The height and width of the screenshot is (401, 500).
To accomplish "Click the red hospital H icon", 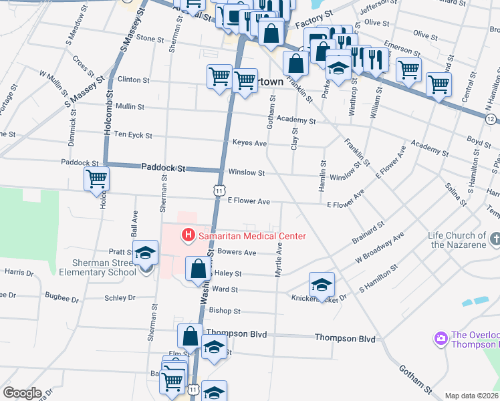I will tap(188, 235).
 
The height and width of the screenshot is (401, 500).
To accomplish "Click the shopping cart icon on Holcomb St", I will tap(96, 179).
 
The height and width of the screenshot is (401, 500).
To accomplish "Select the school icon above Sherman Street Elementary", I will tap(144, 253).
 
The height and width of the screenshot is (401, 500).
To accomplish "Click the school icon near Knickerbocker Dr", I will tap(322, 284).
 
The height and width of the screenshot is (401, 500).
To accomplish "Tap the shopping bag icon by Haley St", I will tap(199, 270).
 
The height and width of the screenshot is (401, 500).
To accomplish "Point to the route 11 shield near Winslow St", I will tap(219, 190).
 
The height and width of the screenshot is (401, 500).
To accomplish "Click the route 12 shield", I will tap(491, 118).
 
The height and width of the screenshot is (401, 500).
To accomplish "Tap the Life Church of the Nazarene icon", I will tap(495, 239).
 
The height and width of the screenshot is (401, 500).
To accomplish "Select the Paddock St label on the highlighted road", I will tap(162, 168).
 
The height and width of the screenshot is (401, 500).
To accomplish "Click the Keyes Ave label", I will tap(249, 143).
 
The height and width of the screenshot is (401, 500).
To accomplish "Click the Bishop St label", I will tap(224, 311).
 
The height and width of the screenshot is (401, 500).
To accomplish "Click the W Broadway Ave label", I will tap(380, 248).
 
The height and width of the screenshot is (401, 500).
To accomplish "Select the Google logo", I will tap(22, 393).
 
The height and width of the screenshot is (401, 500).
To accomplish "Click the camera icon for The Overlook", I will tap(441, 339).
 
